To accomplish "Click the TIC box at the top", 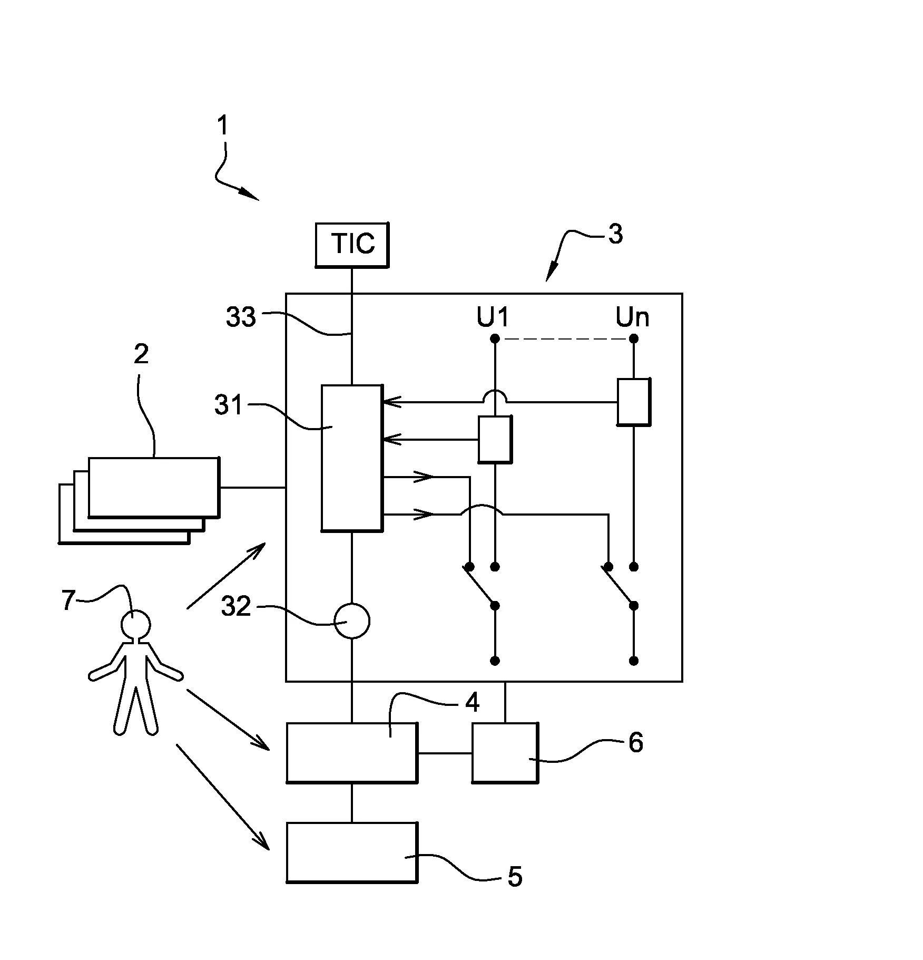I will point(352,245).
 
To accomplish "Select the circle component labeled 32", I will point(352,621).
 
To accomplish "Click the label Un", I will point(632,317).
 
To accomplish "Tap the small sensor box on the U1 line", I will point(494,439).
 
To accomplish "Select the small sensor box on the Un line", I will point(634,401).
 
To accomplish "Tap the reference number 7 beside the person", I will point(68,600).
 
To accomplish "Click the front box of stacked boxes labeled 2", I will point(153,487).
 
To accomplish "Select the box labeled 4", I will point(351,752).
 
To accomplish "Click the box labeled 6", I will point(505,752).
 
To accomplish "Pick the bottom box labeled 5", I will point(351,852).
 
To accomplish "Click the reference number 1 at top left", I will point(223,125).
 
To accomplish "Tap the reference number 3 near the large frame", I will point(615,234).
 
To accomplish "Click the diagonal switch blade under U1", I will point(480,586).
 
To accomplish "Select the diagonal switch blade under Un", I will point(618,586).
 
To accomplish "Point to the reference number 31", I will point(229,405).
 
